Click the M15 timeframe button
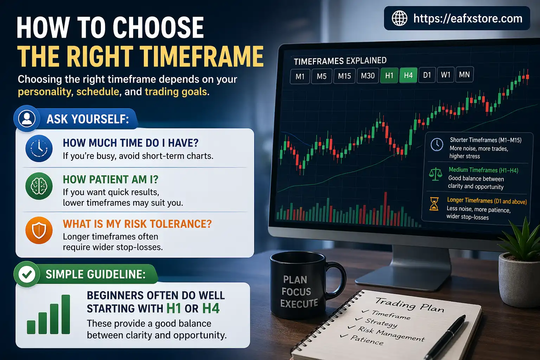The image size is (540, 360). point(344,76)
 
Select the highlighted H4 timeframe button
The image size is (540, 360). point(408,75)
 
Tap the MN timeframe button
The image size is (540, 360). point(464,75)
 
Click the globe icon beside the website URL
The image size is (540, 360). point(399,18)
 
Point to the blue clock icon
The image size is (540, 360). point(39,148)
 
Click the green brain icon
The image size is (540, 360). point(39,186)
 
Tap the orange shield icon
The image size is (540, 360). point(39,230)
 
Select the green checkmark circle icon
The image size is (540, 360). point(27,275)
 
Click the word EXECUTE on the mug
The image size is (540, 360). point(299,303)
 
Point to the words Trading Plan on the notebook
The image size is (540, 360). point(410,304)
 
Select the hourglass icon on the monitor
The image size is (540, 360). point(434,204)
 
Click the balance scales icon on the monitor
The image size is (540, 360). point(436,174)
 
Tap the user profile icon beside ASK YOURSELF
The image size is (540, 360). point(27,118)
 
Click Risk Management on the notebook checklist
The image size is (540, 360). point(391,334)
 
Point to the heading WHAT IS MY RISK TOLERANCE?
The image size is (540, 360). point(137,224)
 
